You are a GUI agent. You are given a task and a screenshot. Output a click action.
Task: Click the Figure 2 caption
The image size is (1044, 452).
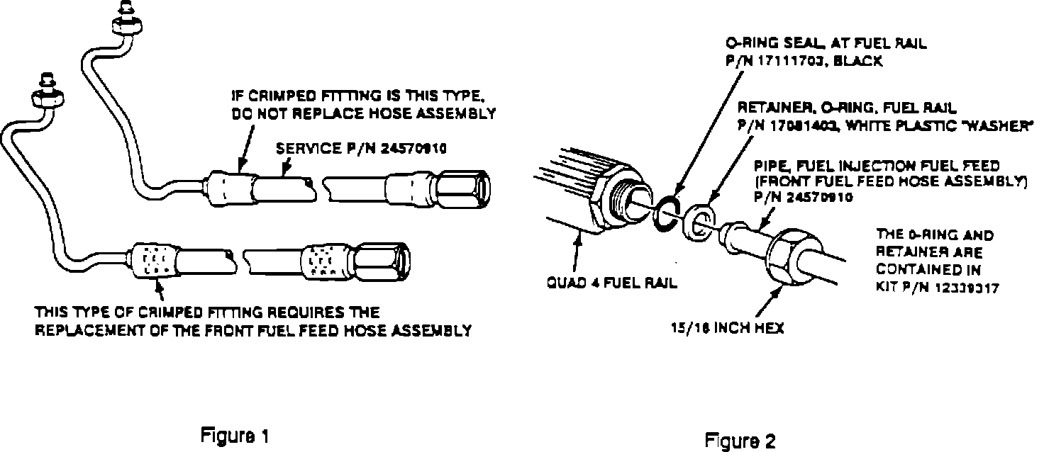pyautogui.click(x=740, y=441)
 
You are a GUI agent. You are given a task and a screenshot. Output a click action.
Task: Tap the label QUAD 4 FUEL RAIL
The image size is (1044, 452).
pyautogui.click(x=611, y=283)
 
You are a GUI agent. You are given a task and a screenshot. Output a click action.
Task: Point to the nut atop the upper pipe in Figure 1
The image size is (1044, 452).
pyautogui.click(x=128, y=26)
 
